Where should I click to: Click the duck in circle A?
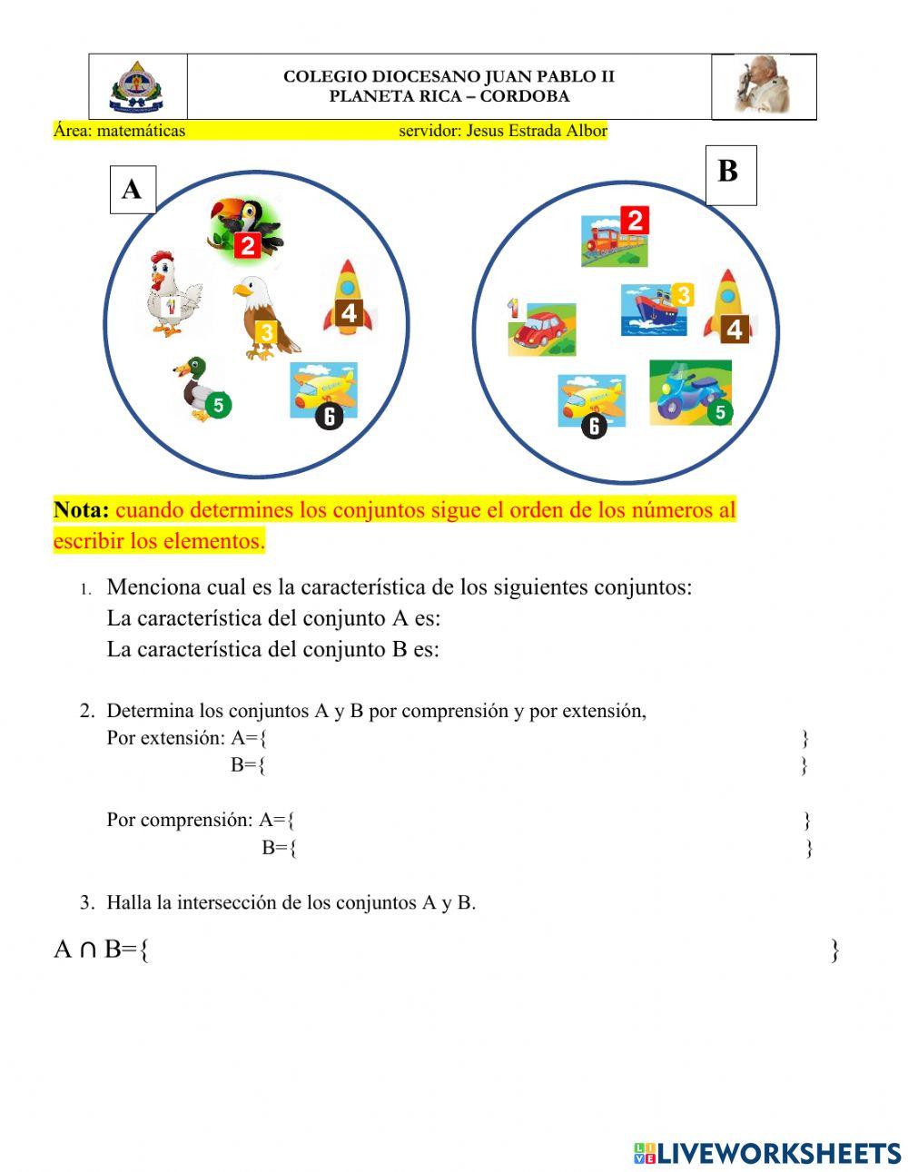(x=198, y=389)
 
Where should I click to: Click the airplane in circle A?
(x=322, y=390)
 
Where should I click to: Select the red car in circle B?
(x=542, y=329)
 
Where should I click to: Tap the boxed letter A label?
(x=133, y=190)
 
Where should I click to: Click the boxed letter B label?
(x=730, y=172)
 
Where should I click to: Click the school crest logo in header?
(x=136, y=87)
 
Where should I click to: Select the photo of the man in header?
(x=763, y=86)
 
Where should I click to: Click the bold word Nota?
(x=82, y=510)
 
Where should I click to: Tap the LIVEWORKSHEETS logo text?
(x=778, y=1153)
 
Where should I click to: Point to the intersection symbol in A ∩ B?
(x=88, y=950)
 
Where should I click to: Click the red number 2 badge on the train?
(x=635, y=220)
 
